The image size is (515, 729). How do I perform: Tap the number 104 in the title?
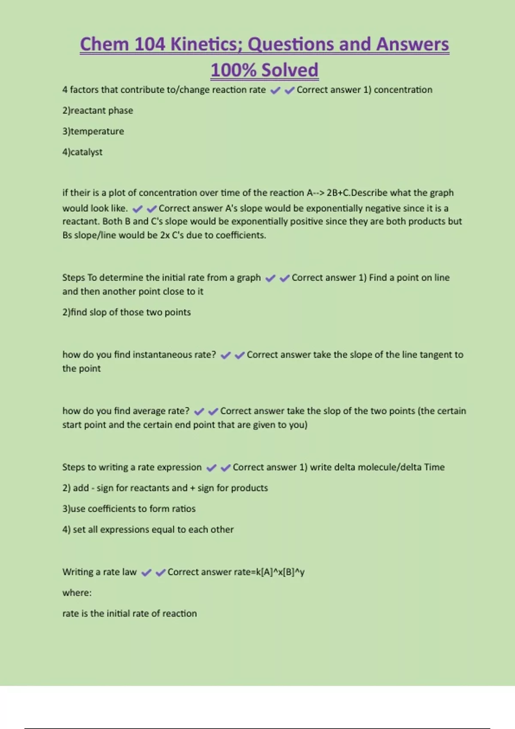click(149, 44)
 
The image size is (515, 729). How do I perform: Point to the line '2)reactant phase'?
click(97, 111)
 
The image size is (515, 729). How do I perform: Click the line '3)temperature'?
click(93, 131)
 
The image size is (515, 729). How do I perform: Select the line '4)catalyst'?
click(82, 152)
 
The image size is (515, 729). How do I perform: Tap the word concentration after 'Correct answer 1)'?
click(403, 90)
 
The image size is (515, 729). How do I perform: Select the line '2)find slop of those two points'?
click(126, 312)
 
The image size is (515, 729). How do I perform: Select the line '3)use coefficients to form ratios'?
click(129, 509)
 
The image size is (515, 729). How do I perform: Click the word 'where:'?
click(77, 593)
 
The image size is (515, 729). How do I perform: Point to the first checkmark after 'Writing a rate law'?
click(146, 572)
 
